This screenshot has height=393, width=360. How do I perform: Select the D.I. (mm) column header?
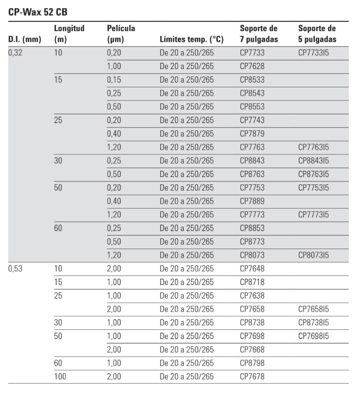click(25, 39)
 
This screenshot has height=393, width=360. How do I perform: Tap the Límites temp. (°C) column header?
click(187, 39)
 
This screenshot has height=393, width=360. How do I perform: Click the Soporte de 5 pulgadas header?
click(317, 34)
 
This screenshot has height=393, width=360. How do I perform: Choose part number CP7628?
click(252, 66)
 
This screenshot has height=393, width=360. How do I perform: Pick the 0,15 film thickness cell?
click(114, 80)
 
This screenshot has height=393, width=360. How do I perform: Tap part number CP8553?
click(252, 107)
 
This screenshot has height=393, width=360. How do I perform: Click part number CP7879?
click(252, 134)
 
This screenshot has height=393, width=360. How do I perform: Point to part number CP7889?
click(252, 201)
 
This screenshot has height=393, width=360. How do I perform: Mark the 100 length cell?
click(60, 376)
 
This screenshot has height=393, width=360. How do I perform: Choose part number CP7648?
click(252, 268)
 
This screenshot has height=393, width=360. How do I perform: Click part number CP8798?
click(252, 363)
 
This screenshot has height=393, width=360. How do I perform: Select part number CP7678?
click(252, 376)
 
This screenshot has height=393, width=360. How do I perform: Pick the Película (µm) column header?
click(121, 34)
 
